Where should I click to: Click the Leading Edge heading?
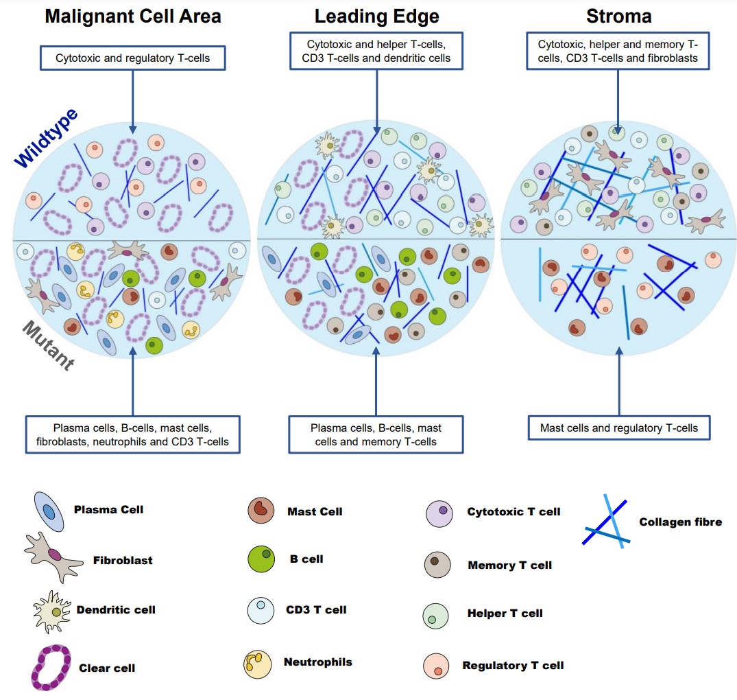pyautogui.click(x=376, y=16)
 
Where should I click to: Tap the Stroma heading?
pyautogui.click(x=618, y=16)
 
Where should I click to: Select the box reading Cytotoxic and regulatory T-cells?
pyautogui.click(x=133, y=58)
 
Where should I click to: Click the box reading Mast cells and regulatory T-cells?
pyautogui.click(x=618, y=428)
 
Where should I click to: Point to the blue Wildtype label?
pyautogui.click(x=47, y=138)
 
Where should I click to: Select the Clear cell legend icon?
pyautogui.click(x=51, y=667)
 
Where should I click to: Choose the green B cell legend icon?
pyautogui.click(x=261, y=559)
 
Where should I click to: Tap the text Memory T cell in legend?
pyautogui.click(x=509, y=565)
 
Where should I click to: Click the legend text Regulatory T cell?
pyautogui.click(x=513, y=665)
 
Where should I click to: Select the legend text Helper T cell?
pyautogui.click(x=505, y=614)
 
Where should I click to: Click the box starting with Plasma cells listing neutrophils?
pyautogui.click(x=133, y=434)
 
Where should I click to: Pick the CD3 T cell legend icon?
pyautogui.click(x=261, y=610)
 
